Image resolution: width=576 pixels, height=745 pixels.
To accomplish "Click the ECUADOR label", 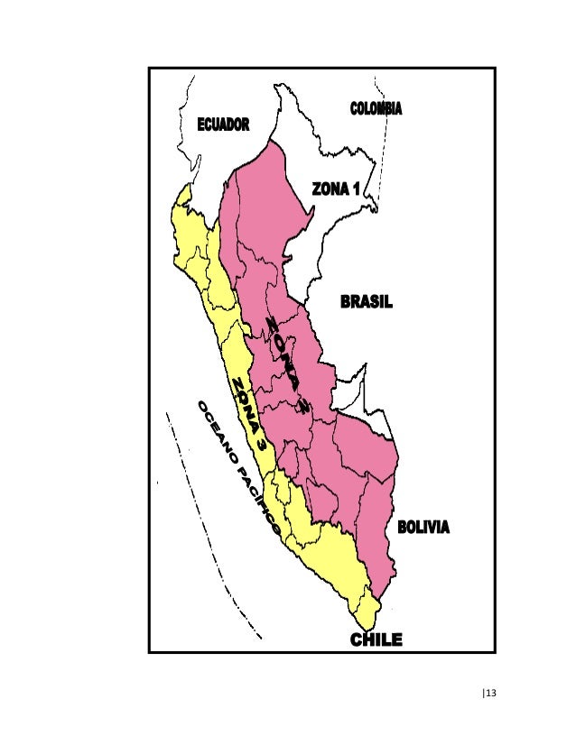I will point(223,124).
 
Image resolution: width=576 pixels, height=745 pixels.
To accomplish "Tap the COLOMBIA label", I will point(376,109).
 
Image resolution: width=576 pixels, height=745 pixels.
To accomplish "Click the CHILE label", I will point(376,639).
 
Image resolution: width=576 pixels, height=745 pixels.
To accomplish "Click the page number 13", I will point(492,693).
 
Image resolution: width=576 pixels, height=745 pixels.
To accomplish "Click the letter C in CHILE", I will point(357,639).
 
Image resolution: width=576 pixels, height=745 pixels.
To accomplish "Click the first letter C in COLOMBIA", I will point(354,109).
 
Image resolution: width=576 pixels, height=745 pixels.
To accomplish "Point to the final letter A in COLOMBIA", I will point(397,109).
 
